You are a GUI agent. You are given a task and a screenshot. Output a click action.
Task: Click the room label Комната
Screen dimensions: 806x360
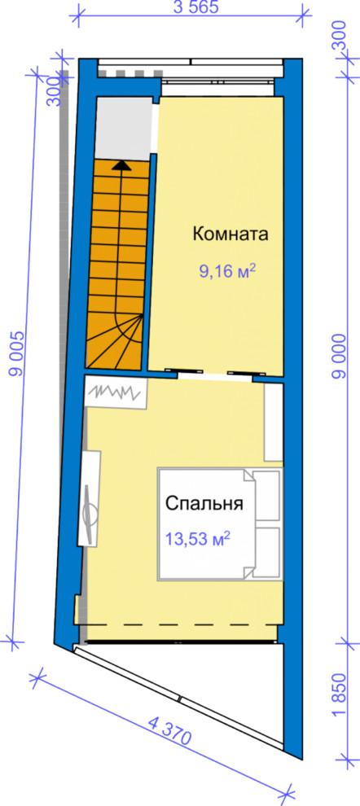[230, 235]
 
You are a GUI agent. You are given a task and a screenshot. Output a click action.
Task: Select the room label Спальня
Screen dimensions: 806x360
[204, 503]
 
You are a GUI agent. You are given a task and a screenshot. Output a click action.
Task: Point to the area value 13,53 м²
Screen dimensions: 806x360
[197, 538]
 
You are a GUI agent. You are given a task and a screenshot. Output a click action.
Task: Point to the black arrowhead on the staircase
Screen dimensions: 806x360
[121, 165]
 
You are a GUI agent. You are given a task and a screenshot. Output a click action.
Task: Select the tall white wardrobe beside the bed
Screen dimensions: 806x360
[274, 422]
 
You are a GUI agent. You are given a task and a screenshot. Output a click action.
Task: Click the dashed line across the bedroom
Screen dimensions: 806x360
[179, 624]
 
